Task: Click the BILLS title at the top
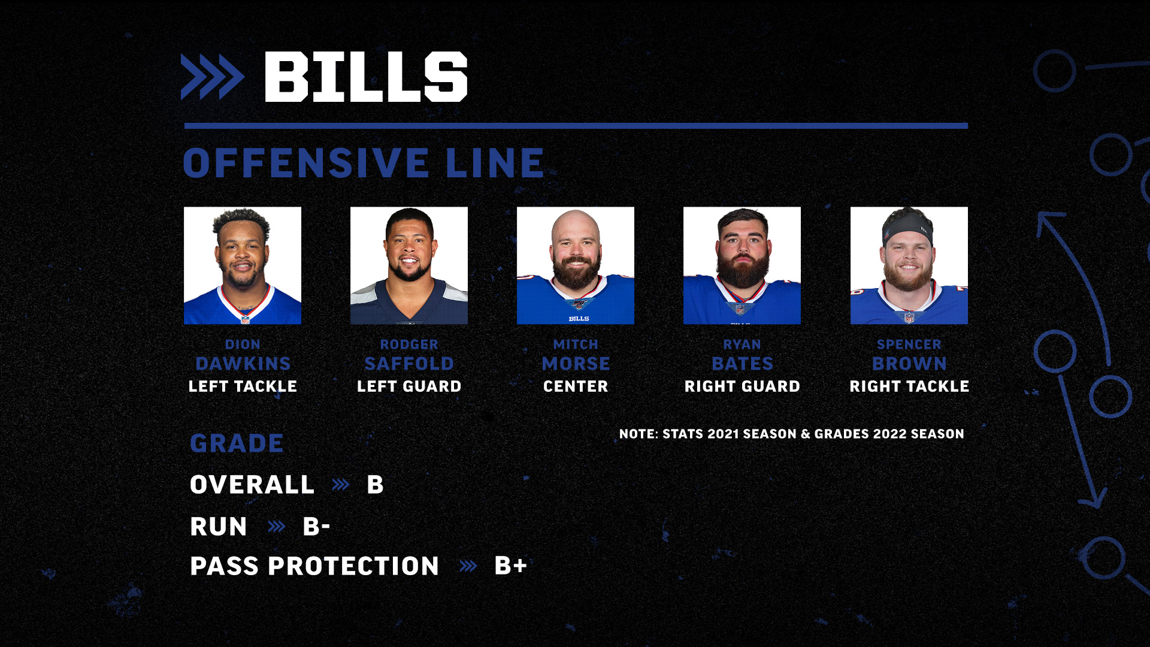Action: [x=365, y=76]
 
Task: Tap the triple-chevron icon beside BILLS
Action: [x=213, y=77]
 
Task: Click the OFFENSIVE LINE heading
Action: [x=364, y=163]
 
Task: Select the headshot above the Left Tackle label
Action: [x=243, y=265]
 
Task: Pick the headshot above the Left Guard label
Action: [x=409, y=265]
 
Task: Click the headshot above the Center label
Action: [x=576, y=265]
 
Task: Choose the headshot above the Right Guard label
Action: [x=742, y=265]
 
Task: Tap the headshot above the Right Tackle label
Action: [x=909, y=265]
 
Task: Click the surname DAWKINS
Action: [x=243, y=364]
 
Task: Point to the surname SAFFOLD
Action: [x=409, y=364]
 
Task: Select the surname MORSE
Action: [x=576, y=364]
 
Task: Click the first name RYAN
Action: [x=742, y=344]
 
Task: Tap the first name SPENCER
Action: [x=909, y=344]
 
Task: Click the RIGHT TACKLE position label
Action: [x=909, y=386]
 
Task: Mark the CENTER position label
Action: [x=576, y=386]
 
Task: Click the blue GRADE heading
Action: [x=237, y=443]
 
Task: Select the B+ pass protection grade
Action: [x=510, y=566]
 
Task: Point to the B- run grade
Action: [x=316, y=527]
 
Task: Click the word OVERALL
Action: [x=252, y=485]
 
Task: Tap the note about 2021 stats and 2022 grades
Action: [x=792, y=434]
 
